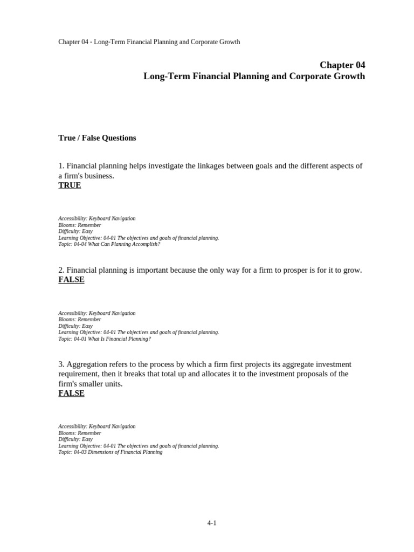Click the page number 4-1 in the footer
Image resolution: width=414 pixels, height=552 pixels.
click(211, 523)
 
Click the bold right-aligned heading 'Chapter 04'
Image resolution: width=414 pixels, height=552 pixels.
click(342, 65)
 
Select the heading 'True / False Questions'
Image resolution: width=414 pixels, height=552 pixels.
click(97, 138)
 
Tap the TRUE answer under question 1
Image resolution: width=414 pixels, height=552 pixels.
click(70, 185)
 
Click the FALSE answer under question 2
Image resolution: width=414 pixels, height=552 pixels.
click(71, 280)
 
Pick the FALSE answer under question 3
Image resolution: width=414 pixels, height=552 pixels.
click(71, 394)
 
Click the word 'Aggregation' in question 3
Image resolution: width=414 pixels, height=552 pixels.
click(87, 364)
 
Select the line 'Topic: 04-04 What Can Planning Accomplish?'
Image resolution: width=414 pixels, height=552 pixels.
click(109, 244)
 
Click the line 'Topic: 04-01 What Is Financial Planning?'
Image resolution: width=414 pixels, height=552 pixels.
click(105, 339)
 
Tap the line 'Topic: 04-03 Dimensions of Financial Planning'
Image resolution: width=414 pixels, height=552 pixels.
click(110, 452)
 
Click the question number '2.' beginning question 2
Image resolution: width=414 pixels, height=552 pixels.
click(61, 270)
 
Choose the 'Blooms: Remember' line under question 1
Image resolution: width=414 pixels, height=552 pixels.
click(80, 225)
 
